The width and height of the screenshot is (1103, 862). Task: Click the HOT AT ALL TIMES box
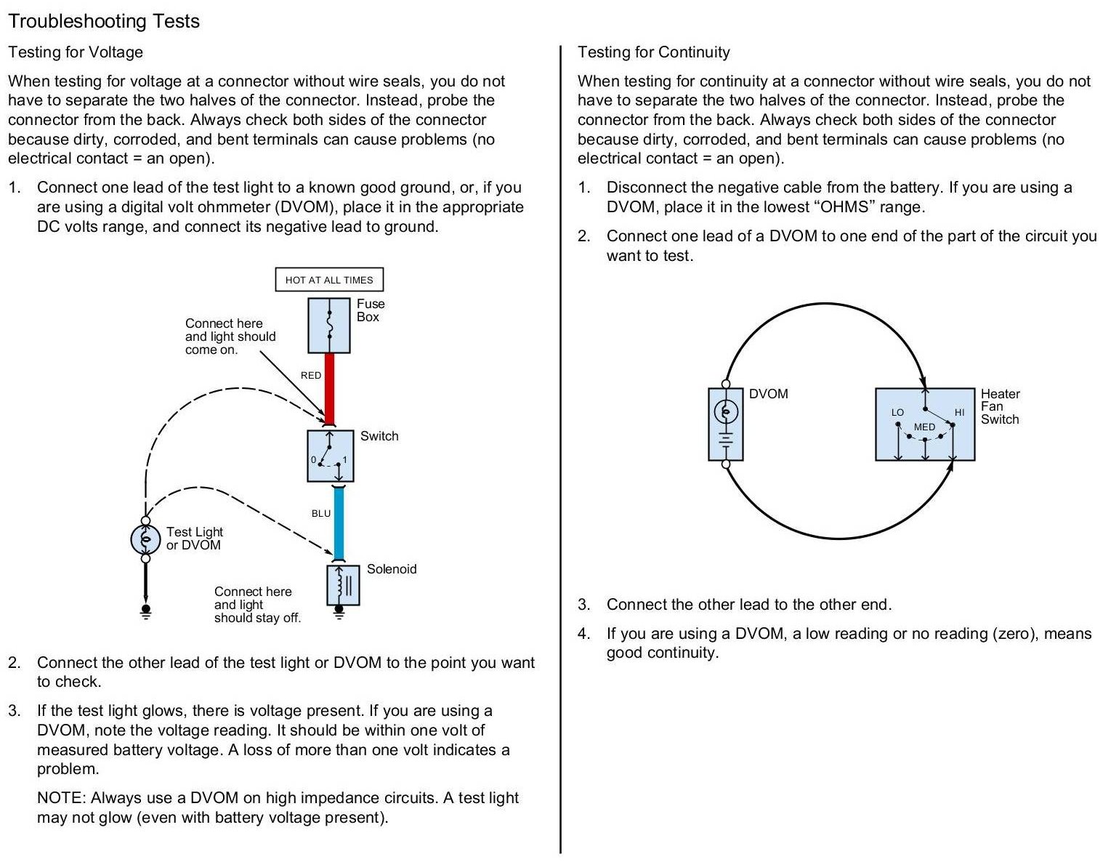329,280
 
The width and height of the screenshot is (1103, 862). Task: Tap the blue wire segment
339,522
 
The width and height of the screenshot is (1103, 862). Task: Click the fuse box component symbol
330,326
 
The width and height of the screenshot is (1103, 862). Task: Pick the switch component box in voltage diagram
331,456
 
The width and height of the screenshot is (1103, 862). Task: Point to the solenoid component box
343,585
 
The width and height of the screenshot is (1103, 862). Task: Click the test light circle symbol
145,539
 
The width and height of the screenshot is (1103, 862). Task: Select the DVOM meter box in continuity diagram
725,424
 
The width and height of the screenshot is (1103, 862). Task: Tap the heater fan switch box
924,424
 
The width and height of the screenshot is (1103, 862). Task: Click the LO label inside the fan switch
897,412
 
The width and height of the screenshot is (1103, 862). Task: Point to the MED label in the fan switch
924,427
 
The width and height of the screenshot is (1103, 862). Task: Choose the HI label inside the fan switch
959,412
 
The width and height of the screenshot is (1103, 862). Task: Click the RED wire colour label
311,375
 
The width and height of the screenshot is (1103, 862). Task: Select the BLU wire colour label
321,513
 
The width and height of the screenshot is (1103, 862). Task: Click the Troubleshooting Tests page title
104,21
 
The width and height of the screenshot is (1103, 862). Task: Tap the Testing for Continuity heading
653,52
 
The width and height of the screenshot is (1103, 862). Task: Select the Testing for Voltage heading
76,52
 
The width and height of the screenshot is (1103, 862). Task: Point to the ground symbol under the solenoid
339,613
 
